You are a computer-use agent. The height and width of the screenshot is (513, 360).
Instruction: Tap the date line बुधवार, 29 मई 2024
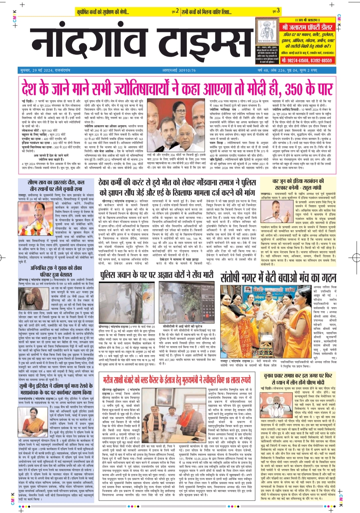click(45, 71)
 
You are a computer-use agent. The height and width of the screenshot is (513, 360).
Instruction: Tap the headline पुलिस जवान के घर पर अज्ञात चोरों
click(157, 274)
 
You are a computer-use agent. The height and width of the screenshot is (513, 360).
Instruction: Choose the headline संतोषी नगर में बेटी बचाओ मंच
click(278, 277)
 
